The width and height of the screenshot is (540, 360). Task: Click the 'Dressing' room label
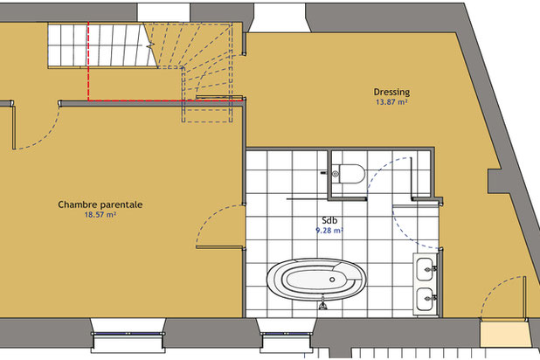pos(391,93)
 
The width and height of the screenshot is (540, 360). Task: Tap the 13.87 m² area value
pos(391,102)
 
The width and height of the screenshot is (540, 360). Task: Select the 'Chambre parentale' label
pos(100,204)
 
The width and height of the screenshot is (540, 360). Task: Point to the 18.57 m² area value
pos(100,215)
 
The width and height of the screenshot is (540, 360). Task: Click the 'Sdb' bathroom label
pos(329,220)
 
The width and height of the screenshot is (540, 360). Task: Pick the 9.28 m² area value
pos(329,231)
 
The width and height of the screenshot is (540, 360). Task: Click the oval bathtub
pos(316,280)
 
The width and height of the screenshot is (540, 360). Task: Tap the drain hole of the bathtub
pos(332,280)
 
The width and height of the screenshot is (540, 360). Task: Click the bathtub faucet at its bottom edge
pos(322,305)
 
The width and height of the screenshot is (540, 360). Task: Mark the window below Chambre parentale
pos(128,334)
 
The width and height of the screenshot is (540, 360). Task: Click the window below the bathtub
pos(286,334)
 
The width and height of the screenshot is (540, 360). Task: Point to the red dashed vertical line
pos(88,61)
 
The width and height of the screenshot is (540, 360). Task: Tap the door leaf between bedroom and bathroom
pos(219,247)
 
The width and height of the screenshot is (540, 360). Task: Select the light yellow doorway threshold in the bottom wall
pos(504,334)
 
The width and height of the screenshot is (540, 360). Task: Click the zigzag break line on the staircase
pos(150,45)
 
